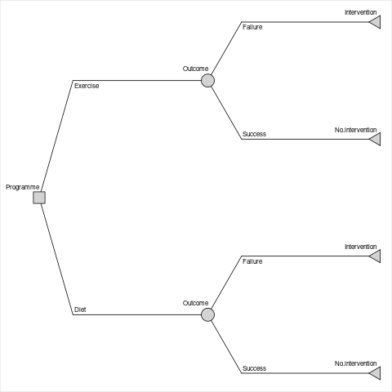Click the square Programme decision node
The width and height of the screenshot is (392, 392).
(x=39, y=198)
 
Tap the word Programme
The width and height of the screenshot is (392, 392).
(x=23, y=187)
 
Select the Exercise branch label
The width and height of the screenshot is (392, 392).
(x=87, y=86)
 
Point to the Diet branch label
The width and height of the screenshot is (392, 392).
(x=80, y=310)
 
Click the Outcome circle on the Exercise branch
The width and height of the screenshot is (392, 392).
(x=207, y=81)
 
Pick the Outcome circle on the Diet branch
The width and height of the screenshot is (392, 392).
(x=207, y=314)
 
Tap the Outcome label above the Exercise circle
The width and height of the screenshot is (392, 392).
(x=195, y=69)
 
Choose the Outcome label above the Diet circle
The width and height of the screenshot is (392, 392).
(x=195, y=303)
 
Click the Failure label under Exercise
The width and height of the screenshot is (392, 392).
(x=252, y=27)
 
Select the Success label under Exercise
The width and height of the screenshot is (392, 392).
(x=254, y=134)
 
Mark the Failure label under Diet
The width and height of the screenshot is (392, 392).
(x=252, y=261)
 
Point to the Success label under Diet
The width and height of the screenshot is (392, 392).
(x=254, y=368)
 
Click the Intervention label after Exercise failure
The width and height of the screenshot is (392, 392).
(x=361, y=12)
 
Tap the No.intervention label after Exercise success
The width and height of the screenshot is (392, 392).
(x=355, y=130)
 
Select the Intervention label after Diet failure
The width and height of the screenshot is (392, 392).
(x=361, y=247)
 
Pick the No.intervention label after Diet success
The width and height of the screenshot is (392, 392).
(x=355, y=363)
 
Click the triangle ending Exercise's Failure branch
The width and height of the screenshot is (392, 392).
(x=376, y=22)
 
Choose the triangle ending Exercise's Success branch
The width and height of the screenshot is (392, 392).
(x=376, y=139)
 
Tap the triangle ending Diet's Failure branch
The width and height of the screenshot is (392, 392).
(x=376, y=256)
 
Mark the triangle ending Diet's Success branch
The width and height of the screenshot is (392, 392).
(x=376, y=373)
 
